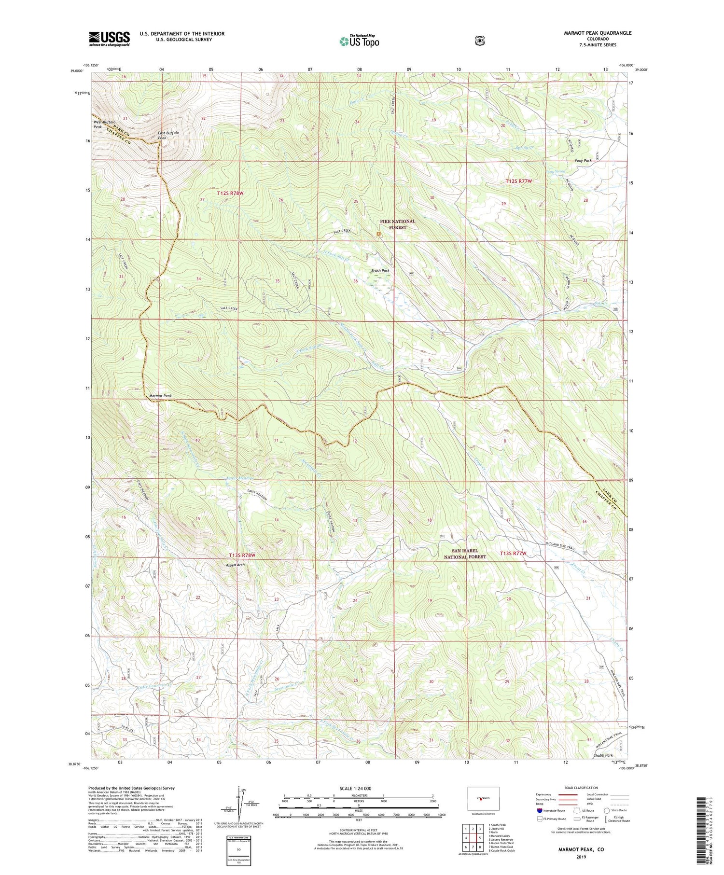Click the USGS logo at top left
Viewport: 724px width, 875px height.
click(109, 39)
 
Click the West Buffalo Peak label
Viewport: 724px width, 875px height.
click(104, 125)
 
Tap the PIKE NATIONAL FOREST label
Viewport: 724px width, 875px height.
click(397, 224)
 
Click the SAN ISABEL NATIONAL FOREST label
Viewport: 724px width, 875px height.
click(465, 554)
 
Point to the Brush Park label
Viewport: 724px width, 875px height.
click(380, 271)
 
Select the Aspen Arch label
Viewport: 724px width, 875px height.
click(235, 565)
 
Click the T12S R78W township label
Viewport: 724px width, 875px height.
click(230, 193)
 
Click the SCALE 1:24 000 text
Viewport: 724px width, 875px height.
click(358, 789)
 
